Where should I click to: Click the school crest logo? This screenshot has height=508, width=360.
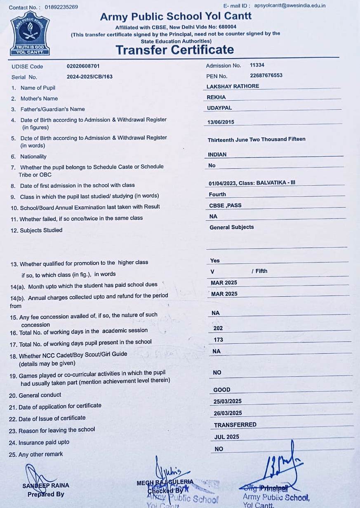point(30,34)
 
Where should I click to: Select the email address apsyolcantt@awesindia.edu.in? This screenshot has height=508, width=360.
point(290,6)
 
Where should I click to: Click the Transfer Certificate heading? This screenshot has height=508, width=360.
point(174,50)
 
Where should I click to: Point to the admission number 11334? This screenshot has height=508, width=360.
point(257,65)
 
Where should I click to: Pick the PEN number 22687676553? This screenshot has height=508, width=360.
point(266,76)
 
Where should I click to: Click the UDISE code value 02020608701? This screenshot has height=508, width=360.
point(83,66)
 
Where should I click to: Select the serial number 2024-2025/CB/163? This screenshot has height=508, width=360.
point(89,76)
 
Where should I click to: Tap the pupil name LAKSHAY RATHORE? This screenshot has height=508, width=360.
point(233,86)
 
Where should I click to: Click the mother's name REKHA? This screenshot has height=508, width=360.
point(216,97)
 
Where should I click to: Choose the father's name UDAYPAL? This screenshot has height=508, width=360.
point(219,108)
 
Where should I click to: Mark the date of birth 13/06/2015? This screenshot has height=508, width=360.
point(221,122)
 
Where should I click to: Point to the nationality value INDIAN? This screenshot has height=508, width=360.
point(217,154)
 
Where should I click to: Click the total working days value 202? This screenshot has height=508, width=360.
point(218,328)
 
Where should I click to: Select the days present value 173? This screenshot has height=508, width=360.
point(218,340)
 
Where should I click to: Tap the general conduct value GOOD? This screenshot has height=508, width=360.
point(222,390)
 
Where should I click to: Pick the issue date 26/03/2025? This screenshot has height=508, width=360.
point(228,413)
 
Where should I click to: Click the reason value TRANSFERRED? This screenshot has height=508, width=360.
point(235,425)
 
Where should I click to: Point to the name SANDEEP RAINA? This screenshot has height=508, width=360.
point(46,485)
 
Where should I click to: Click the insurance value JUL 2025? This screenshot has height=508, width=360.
point(226,437)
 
